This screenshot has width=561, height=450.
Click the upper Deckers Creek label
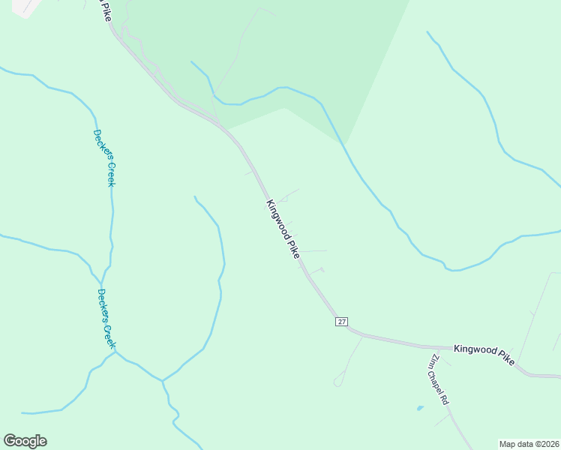click(x=104, y=157)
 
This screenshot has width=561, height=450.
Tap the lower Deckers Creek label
click(x=106, y=318)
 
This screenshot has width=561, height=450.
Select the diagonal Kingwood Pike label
click(x=283, y=229)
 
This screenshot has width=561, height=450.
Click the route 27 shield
click(x=341, y=321)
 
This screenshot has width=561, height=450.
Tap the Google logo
click(x=25, y=441)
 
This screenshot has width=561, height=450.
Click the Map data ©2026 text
click(x=529, y=443)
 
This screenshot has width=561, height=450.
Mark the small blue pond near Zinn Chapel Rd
click(x=419, y=408)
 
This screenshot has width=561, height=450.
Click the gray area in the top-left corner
click(x=22, y=7)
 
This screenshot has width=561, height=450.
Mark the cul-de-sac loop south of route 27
click(x=338, y=382)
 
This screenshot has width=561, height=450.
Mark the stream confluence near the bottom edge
click(x=162, y=380)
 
